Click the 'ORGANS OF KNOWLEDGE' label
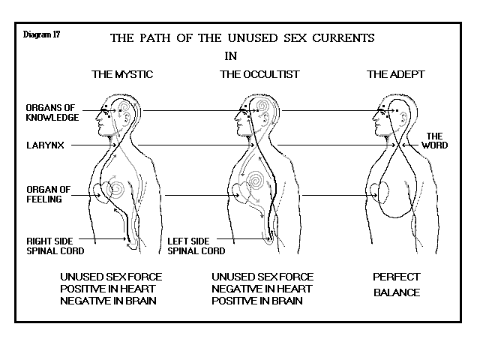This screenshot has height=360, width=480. [x=52, y=112]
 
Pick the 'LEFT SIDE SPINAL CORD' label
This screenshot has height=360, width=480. [x=197, y=246]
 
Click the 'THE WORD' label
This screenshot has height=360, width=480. [x=436, y=140]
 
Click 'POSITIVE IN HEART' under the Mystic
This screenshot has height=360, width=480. [x=111, y=289]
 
